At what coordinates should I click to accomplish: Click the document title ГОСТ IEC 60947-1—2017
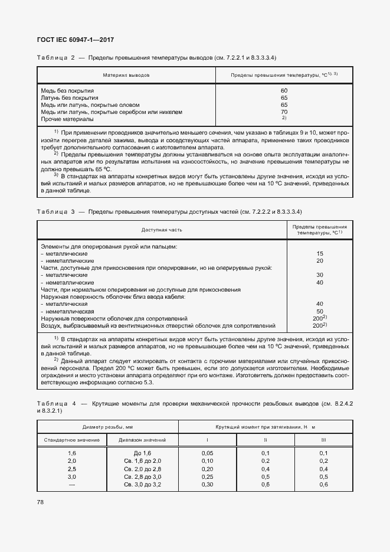tap(76, 40)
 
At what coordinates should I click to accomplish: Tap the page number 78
tap(41, 502)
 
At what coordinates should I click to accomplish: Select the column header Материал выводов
tap(126, 76)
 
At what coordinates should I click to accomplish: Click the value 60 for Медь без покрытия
tap(284, 90)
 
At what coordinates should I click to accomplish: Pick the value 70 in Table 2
tap(284, 112)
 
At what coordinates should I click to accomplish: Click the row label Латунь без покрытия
tap(70, 97)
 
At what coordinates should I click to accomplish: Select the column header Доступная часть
tap(162, 230)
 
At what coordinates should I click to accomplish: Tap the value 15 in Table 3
tap(320, 253)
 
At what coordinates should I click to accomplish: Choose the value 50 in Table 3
tap(320, 311)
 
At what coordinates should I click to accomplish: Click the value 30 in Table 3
tap(320, 275)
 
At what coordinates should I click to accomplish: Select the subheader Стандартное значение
tap(72, 440)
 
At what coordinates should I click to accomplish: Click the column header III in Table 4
tap(323, 440)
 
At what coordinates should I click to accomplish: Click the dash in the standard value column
tap(72, 485)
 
